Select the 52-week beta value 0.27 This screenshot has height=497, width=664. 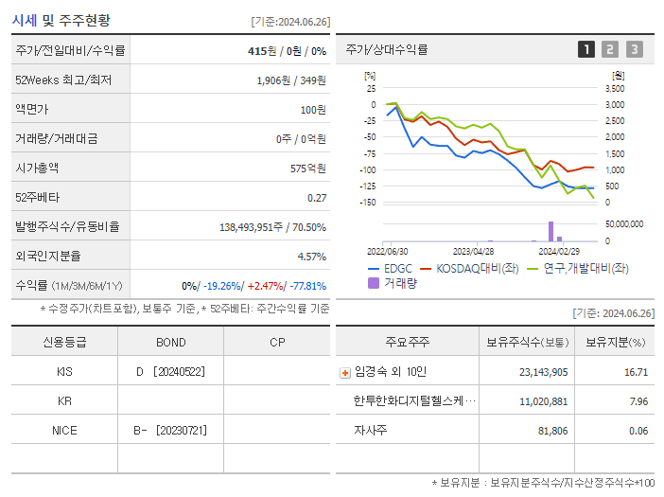pyautogui.click(x=316, y=197)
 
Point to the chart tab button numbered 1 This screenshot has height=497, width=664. pyautogui.click(x=586, y=49)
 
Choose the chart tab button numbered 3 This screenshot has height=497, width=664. pyautogui.click(x=634, y=49)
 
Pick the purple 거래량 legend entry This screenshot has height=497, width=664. pyautogui.click(x=393, y=282)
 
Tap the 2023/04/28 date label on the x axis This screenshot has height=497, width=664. pyautogui.click(x=473, y=251)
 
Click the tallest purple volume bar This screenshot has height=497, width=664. pyautogui.click(x=550, y=231)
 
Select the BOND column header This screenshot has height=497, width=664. pyautogui.click(x=170, y=342)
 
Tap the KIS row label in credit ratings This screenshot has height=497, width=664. pyautogui.click(x=64, y=371)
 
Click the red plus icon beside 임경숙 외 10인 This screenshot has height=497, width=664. pyautogui.click(x=344, y=372)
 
